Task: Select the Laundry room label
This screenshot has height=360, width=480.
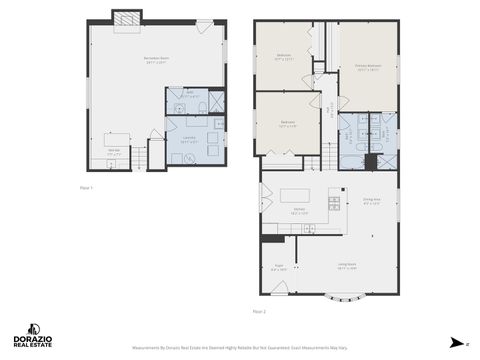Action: [x=189, y=138]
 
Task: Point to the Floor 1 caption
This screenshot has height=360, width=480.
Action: [x=86, y=187]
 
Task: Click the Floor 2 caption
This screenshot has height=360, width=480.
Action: [x=259, y=311]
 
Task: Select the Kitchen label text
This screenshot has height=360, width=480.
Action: [x=298, y=212]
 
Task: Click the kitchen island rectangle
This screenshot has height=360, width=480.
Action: [x=297, y=196]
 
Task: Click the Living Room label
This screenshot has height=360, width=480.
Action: [x=347, y=268]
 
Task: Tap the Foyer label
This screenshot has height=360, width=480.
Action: [x=279, y=268]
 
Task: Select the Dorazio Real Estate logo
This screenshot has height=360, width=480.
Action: [x=32, y=335]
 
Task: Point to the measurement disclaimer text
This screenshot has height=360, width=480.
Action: [x=240, y=348]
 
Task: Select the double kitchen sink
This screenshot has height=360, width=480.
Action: [x=308, y=229]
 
